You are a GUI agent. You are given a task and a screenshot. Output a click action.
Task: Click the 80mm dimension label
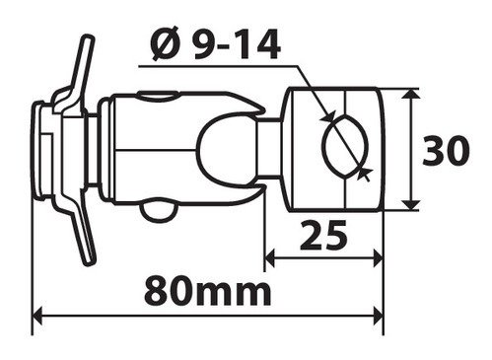click(x=208, y=291)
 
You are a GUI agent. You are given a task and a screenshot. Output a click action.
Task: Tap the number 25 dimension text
click(x=323, y=235)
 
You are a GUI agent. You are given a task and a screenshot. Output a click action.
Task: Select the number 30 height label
click(x=446, y=151)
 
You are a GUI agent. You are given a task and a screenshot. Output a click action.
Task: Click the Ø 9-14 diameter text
click(x=215, y=44)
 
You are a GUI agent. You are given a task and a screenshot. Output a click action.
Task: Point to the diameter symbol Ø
click(x=166, y=44)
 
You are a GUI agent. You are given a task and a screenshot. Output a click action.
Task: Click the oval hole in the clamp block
click(x=344, y=145)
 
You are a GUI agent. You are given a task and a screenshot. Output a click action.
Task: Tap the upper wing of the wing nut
click(x=79, y=72)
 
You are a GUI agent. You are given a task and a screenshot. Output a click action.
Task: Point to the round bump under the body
click(x=159, y=212)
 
